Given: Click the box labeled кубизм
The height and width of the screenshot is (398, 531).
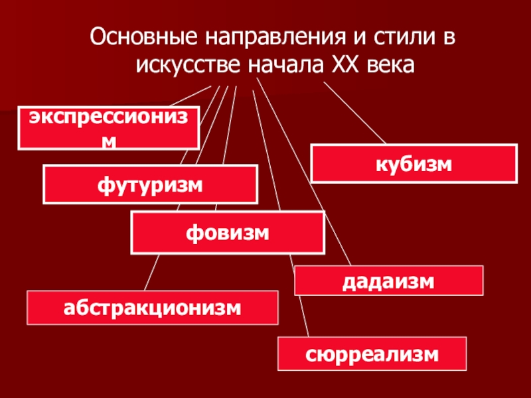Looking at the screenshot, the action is coord(414,164).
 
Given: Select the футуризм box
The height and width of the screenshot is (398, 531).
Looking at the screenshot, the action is coord(150,184).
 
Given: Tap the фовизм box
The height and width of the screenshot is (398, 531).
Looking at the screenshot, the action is coord(228,233).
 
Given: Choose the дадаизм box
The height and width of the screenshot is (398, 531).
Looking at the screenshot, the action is coord(388,280).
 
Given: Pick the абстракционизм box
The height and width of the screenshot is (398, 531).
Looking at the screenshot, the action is coord(152,307).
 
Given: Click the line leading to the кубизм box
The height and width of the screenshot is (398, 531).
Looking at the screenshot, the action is coord(354,113).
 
